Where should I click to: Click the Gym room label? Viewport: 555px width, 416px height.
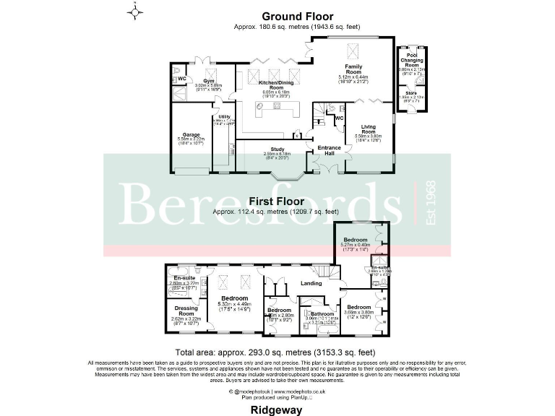coord(209,81)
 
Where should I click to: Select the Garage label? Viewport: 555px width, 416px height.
coord(191,134)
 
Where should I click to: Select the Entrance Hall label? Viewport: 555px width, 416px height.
coord(319,150)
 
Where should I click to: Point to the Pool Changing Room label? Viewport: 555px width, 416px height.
coord(412,61)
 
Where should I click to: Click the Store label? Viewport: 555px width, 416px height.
coord(412,92)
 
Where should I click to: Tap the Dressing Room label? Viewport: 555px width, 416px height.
coord(186,311)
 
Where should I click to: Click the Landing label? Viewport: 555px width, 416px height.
coord(311,283)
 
